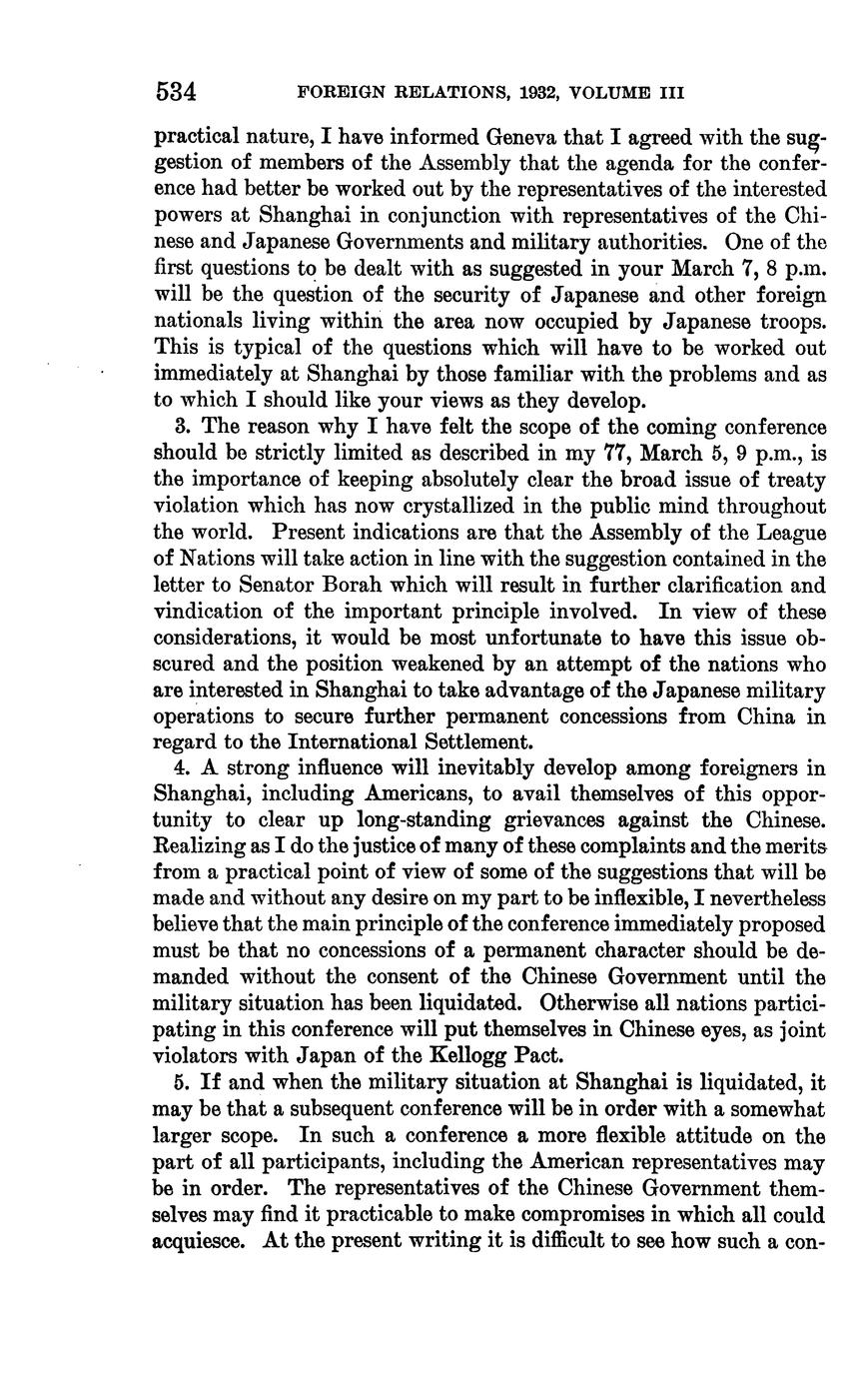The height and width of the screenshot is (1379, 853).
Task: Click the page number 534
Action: (176, 92)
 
